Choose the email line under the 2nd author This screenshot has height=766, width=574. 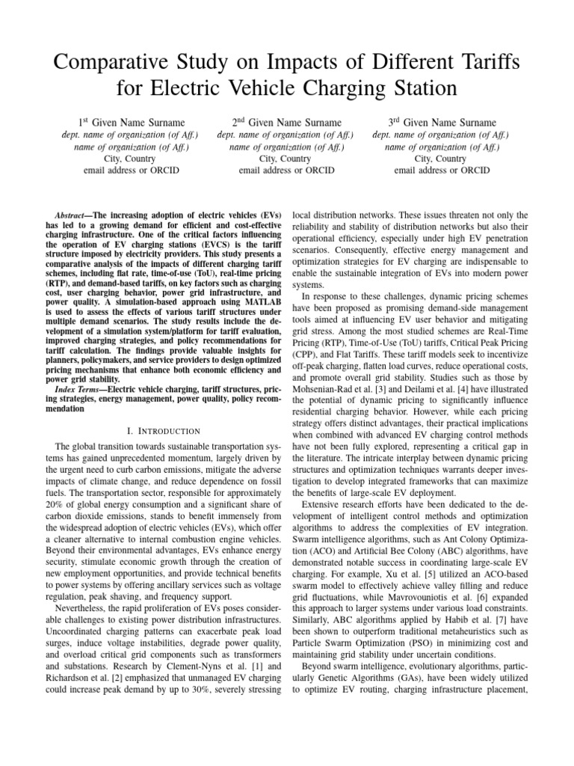click(287, 171)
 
